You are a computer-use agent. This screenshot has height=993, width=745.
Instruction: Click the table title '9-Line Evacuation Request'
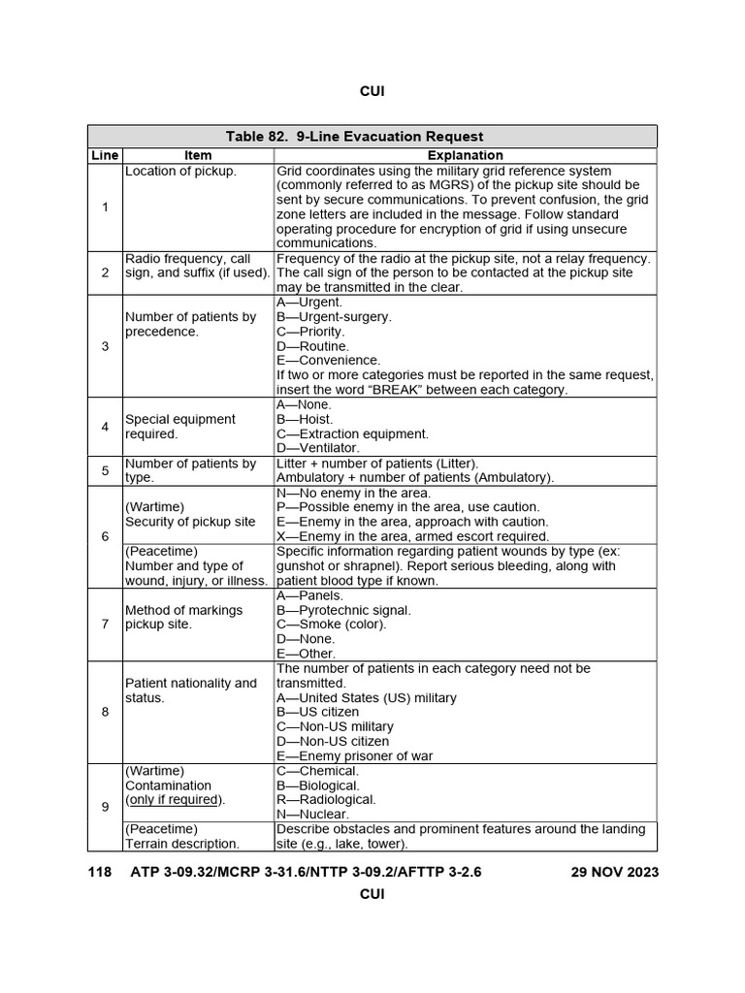coord(372,137)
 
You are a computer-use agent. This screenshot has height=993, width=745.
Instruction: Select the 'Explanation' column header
coord(466,155)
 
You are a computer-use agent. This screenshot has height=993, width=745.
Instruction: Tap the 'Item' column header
coord(198,155)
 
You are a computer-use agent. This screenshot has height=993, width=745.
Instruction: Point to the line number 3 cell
coord(105,346)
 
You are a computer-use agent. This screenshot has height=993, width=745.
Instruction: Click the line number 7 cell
coord(105,625)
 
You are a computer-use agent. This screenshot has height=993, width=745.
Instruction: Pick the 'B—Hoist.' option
coord(304,419)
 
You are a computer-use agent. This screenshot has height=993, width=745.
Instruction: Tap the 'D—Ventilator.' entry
coord(318,448)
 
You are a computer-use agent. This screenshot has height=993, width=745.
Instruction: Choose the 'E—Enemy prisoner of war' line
coord(354,756)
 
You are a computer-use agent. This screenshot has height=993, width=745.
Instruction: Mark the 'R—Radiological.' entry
coord(326,800)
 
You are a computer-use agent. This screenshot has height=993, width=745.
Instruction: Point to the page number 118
coord(100,872)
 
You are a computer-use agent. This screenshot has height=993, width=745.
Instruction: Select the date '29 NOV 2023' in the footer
coord(615,872)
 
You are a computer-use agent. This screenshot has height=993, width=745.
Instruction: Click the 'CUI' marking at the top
coord(372,91)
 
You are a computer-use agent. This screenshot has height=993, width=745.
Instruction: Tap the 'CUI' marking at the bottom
coord(372,894)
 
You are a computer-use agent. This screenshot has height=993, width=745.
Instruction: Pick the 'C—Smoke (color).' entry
coord(331,625)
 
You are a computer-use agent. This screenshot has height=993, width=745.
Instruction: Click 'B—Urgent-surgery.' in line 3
coord(334,317)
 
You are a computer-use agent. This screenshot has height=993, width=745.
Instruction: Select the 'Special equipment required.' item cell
coord(180,427)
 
